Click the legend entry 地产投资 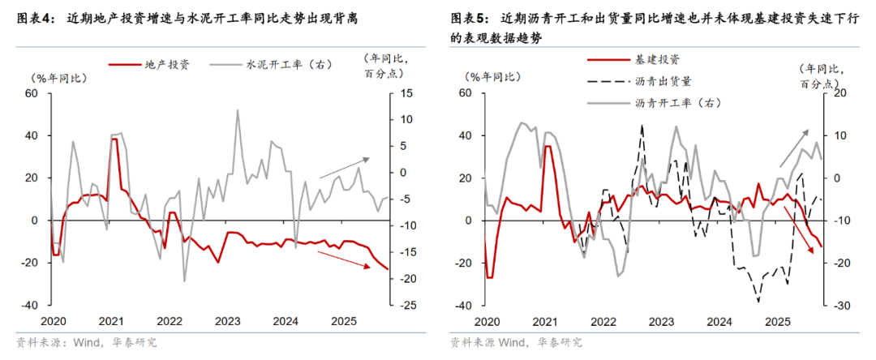166,64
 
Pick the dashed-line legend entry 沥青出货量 658,81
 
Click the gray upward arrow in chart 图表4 344,166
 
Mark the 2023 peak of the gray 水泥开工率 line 237,110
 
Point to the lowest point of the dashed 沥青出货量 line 759,302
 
